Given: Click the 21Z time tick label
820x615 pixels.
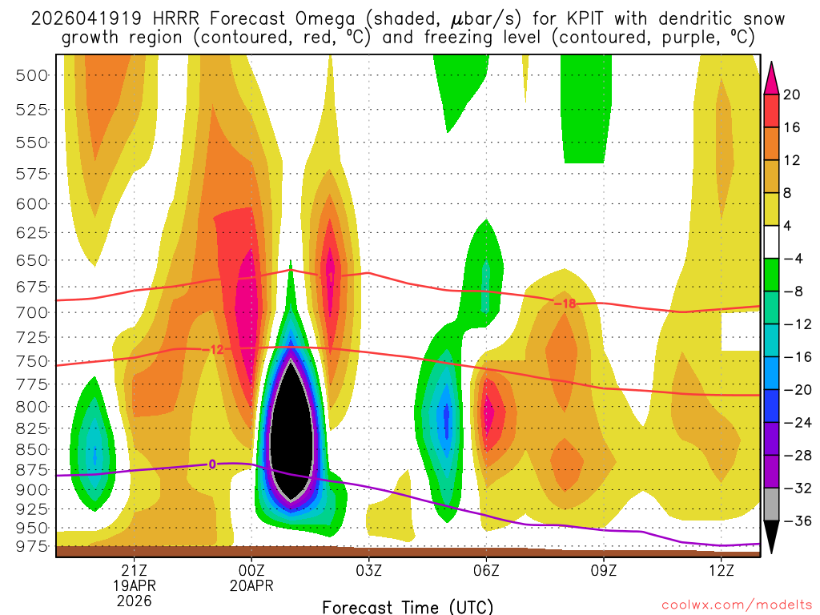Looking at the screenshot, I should [x=134, y=570].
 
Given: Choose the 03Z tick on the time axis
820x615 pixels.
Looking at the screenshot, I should [x=368, y=570].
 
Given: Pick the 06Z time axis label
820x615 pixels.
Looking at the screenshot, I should [x=486, y=570].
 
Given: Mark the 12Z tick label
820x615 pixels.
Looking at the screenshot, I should [x=721, y=570].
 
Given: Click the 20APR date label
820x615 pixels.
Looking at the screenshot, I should [x=251, y=585].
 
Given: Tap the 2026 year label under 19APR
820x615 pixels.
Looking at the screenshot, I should [x=134, y=600].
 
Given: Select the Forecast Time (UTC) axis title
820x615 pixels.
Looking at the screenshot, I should [x=408, y=606].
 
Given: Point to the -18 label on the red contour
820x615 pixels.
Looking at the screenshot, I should [x=565, y=303].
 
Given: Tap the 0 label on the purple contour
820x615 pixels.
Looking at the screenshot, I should [x=212, y=464].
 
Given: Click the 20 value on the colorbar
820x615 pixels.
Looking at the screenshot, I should [x=792, y=94].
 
